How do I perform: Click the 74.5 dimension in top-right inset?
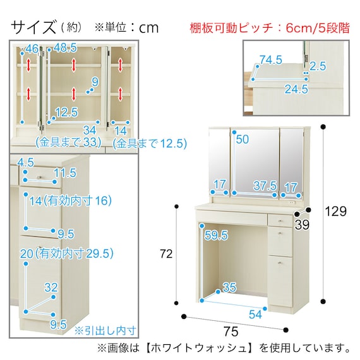click(x=270, y=60)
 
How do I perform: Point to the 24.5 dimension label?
click(x=296, y=89)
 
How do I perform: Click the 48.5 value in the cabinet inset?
click(x=66, y=47)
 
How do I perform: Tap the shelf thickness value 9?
click(x=95, y=81)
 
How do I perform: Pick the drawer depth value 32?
click(x=52, y=287)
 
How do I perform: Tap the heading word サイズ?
click(x=32, y=27)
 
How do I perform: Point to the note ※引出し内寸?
click(x=105, y=329)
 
